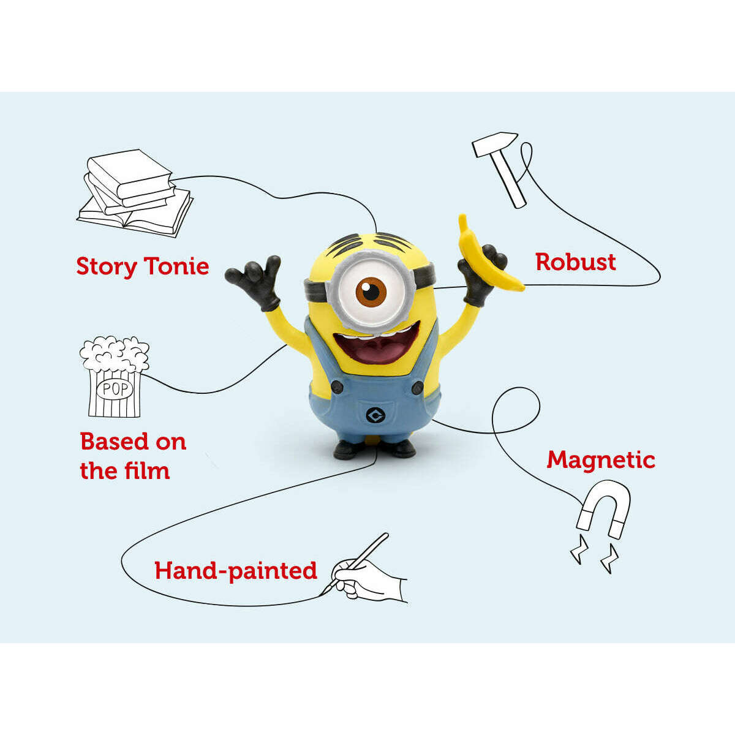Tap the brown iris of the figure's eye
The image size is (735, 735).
click(x=372, y=291)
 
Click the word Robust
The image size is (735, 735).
click(x=576, y=262)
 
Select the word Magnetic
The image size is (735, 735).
click(x=601, y=459)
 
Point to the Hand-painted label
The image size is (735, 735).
click(x=236, y=571)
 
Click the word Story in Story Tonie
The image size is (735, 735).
click(x=106, y=267)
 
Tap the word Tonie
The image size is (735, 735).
click(x=176, y=266)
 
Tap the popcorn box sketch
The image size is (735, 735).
click(x=114, y=377)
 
